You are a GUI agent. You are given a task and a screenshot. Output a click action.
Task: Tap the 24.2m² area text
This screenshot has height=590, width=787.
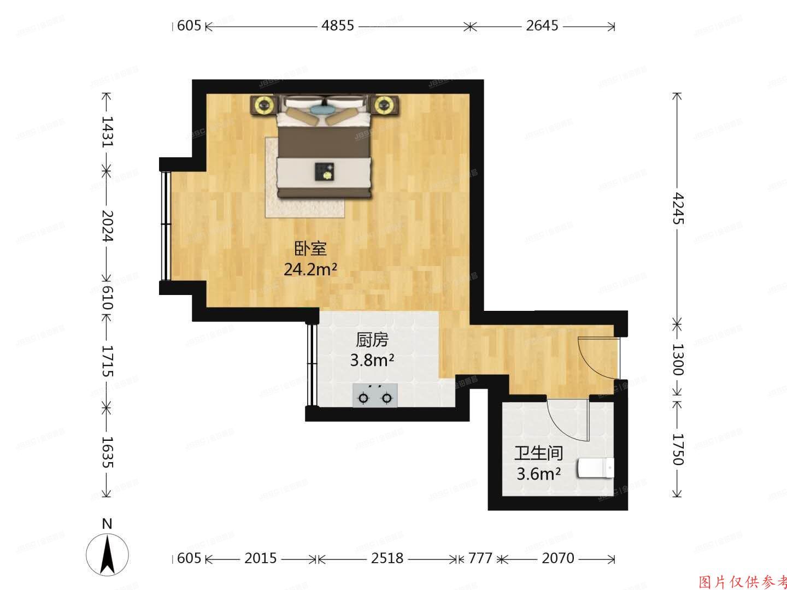click(310, 269)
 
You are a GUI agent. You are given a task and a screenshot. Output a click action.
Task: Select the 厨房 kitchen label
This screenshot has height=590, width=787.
click(372, 340)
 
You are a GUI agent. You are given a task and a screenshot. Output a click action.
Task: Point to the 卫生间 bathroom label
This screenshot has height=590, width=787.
click(538, 453)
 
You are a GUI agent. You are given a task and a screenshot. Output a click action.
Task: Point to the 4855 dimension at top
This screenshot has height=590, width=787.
click(337, 26)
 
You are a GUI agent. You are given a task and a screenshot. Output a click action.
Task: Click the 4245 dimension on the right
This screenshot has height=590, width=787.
click(678, 208)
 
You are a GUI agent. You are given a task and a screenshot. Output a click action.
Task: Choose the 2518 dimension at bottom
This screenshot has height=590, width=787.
click(387, 558)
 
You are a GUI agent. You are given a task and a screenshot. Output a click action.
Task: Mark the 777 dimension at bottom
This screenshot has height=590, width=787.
click(480, 558)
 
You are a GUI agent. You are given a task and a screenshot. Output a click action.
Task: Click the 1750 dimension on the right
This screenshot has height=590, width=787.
click(678, 449)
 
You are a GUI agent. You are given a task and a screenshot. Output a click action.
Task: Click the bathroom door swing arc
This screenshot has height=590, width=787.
click(563, 418)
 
